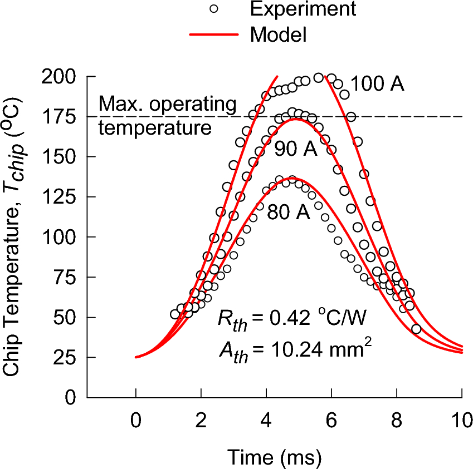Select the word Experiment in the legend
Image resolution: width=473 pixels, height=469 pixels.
tap(303, 9)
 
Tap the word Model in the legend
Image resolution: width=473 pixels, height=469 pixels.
tap(279, 35)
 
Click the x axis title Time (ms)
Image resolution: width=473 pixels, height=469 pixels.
tap(274, 457)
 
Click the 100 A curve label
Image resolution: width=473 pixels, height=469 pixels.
tap(377, 84)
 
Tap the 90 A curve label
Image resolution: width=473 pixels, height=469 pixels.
tap(295, 149)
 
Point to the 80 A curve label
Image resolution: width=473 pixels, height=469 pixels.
tap(288, 212)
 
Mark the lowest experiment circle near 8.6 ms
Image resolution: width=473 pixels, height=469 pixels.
tap(416, 329)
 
